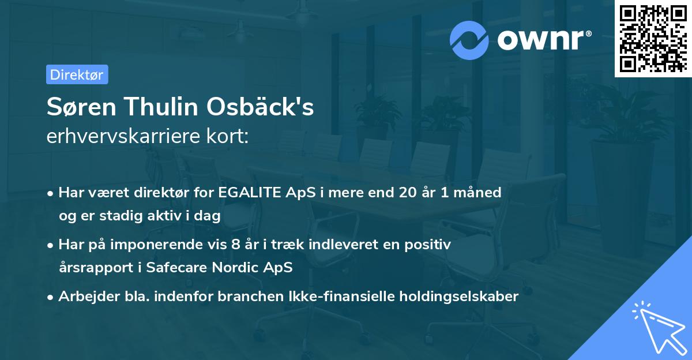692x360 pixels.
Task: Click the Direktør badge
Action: tap(77, 74)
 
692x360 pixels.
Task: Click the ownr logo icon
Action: tap(469, 40)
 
